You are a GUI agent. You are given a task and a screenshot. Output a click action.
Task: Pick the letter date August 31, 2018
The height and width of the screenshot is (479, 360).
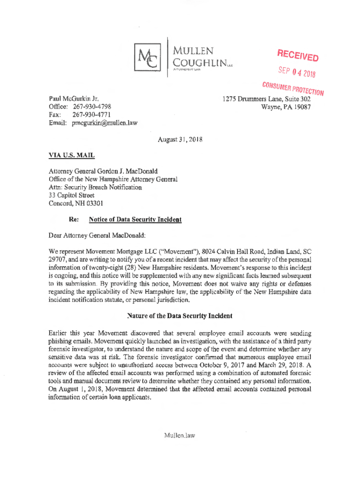[180, 139]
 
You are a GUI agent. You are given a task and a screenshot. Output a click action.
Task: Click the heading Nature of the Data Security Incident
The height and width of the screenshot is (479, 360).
[180, 316]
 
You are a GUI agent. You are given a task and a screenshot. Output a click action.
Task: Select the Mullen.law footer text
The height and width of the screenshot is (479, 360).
[179, 435]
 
